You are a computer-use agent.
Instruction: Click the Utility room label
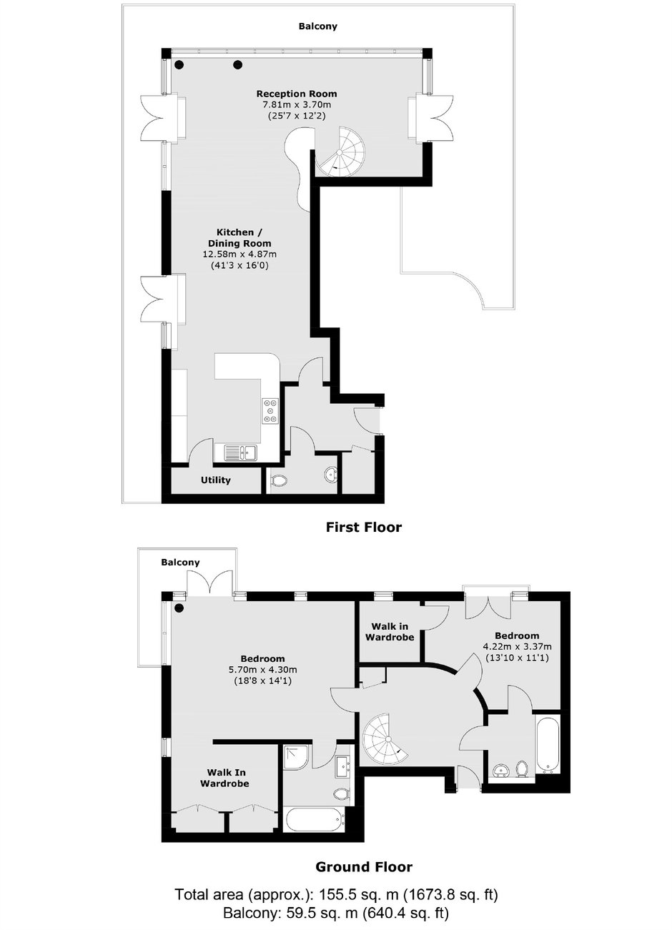[x=216, y=480]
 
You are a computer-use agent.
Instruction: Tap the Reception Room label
[x=297, y=94]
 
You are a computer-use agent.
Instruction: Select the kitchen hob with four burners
[x=270, y=411]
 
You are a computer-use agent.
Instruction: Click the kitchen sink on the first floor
[x=240, y=452]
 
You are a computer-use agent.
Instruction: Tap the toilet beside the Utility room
[x=278, y=481]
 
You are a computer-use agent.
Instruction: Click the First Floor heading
[x=364, y=528]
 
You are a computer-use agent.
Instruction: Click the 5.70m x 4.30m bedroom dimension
[x=263, y=670]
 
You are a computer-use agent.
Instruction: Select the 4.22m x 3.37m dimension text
[x=517, y=646]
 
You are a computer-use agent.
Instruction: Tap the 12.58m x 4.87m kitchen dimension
[x=239, y=254]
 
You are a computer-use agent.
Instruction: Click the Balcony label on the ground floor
[x=181, y=562]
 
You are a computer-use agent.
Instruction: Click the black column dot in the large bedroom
[x=179, y=608]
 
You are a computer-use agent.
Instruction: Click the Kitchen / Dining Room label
[x=239, y=238]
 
